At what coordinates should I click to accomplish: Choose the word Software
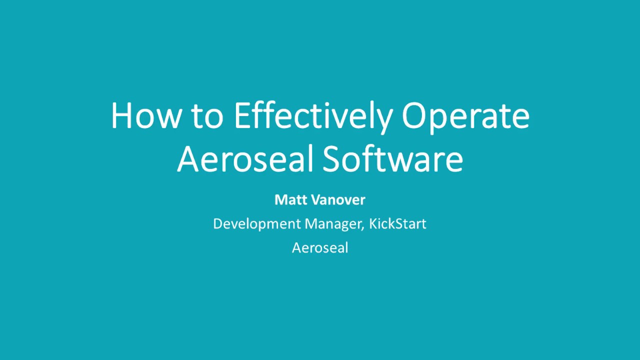pyautogui.click(x=392, y=158)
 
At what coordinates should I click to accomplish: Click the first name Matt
pyautogui.click(x=290, y=200)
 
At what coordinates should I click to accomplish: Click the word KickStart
pyautogui.click(x=397, y=223)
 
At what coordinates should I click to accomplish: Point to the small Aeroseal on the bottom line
pyautogui.click(x=320, y=247)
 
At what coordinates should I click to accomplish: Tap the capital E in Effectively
pyautogui.click(x=241, y=116)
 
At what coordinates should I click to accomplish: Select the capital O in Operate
pyautogui.click(x=414, y=116)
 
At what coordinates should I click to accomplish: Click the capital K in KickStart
pyautogui.click(x=373, y=223)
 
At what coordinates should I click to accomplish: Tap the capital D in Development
pyautogui.click(x=217, y=223)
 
